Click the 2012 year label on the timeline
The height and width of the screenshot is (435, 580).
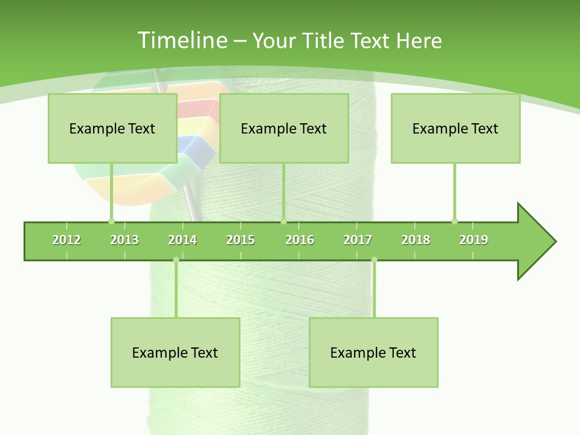click(x=66, y=240)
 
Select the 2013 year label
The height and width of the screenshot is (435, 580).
click(x=124, y=240)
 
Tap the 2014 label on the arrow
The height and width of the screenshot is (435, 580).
click(x=182, y=240)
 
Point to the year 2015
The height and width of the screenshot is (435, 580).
click(x=240, y=240)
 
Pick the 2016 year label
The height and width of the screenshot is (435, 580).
click(x=300, y=240)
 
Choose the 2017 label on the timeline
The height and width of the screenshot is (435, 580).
click(x=358, y=240)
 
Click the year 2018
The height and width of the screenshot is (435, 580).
click(x=416, y=240)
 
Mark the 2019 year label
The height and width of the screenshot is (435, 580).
click(x=474, y=240)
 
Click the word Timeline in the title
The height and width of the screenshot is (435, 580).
click(x=182, y=40)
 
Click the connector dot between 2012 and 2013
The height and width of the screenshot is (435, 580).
click(x=111, y=221)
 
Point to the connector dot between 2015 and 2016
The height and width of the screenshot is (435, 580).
click(x=283, y=221)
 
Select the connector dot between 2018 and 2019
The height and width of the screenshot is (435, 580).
click(x=454, y=221)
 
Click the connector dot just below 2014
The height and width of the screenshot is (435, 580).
click(x=176, y=260)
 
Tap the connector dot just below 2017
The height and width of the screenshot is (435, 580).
click(x=374, y=260)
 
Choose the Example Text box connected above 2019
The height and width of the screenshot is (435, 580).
click(x=456, y=128)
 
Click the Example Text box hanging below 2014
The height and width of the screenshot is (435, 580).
click(x=175, y=352)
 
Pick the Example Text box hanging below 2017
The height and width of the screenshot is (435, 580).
click(x=373, y=352)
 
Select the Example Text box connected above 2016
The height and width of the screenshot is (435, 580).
click(x=284, y=128)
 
